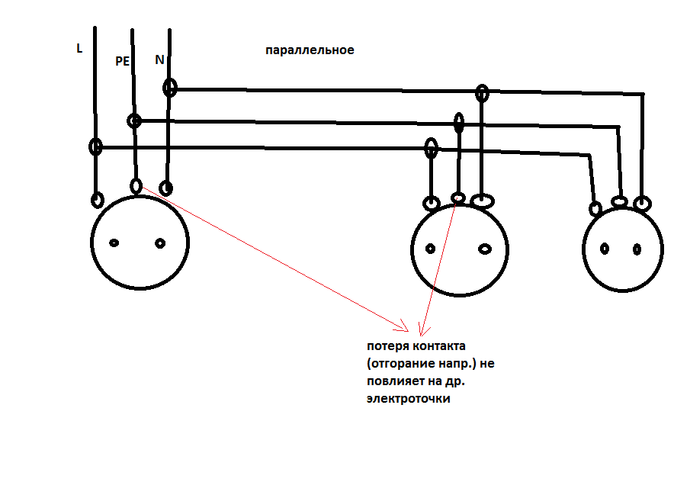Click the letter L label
79,48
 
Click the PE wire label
122,62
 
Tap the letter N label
159,59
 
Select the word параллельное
310,50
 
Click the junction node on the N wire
170,88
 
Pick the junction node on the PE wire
134,120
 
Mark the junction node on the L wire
96,147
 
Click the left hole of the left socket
114,243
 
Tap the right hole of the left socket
160,243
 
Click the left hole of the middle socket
430,249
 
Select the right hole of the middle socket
485,249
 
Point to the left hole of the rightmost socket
605,249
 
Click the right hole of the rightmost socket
637,249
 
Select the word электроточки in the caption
408,398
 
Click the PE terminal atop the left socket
136,185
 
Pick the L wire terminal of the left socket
98,200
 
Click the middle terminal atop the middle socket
458,198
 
